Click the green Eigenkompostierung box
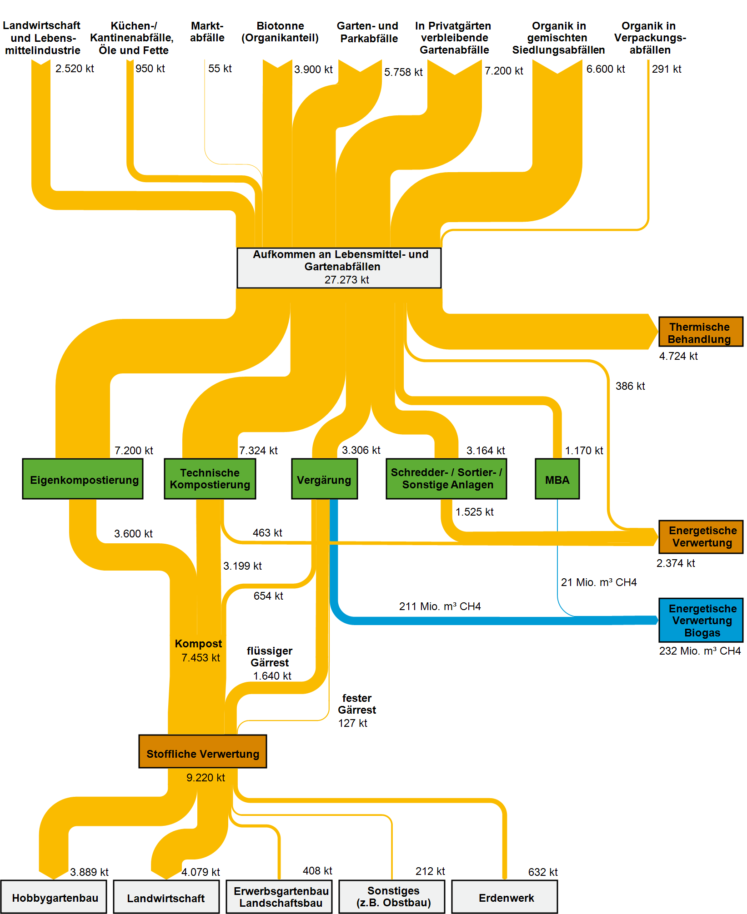[x=83, y=479]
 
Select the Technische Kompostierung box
[x=210, y=479]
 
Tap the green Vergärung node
[x=324, y=479]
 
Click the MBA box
[x=557, y=479]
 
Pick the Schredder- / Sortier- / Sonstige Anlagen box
[x=446, y=479]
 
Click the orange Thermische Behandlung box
[x=700, y=332]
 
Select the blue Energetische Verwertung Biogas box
[x=701, y=620]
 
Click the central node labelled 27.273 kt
[x=339, y=268]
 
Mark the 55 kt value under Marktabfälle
[x=220, y=69]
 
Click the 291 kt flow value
[x=667, y=69]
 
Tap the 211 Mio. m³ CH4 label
[x=440, y=606]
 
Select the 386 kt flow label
[x=630, y=386]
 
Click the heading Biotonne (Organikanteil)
[x=280, y=32]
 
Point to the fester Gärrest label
[x=357, y=704]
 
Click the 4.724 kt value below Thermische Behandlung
[x=678, y=356]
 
